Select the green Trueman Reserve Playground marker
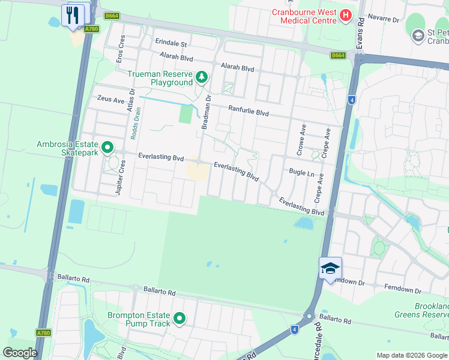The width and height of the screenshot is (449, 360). click(202, 77)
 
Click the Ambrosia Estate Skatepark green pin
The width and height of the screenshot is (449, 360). click(108, 147)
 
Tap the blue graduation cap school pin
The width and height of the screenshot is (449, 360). click(330, 268)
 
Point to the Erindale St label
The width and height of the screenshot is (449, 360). click(172, 44)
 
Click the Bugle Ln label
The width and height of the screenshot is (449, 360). click(302, 173)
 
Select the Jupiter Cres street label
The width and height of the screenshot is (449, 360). click(118, 178)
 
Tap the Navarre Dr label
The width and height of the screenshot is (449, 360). click(384, 19)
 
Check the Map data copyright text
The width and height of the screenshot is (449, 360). click(411, 355)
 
